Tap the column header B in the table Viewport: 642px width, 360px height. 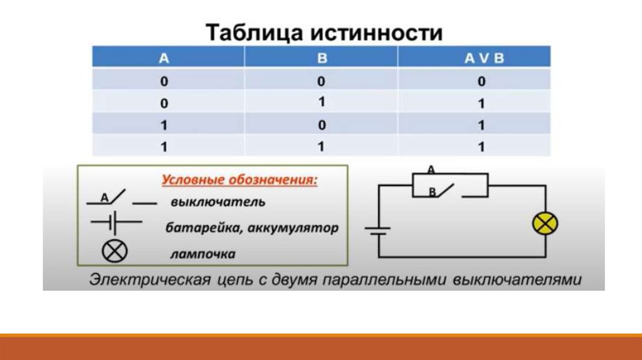322,59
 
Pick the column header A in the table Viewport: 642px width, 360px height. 164,59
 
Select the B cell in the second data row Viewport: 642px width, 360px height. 322,102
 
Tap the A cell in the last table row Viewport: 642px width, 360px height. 164,147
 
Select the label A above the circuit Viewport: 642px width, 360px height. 431,169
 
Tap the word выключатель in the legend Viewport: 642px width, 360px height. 218,203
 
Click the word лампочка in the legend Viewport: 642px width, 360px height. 202,255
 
